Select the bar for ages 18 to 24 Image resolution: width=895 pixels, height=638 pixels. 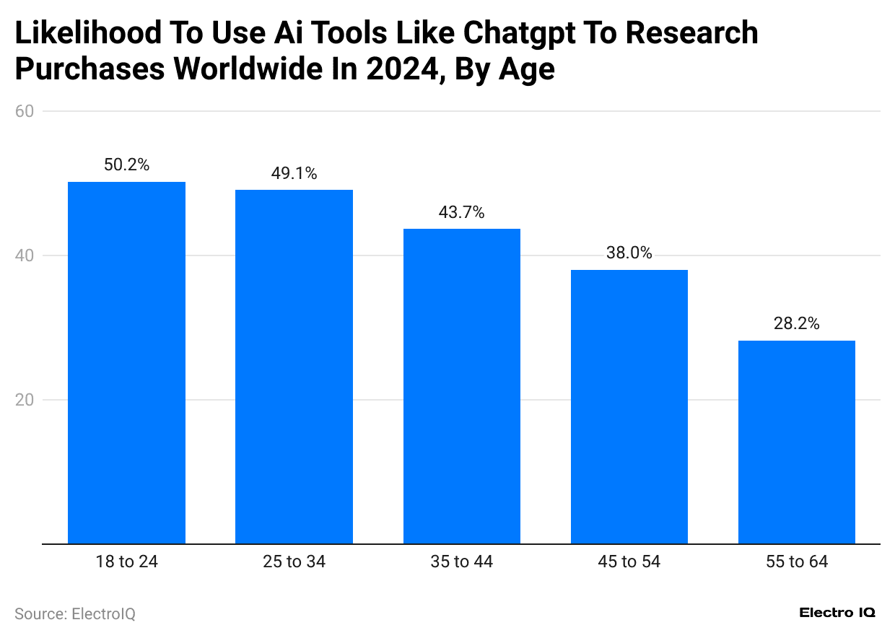pos(126,362)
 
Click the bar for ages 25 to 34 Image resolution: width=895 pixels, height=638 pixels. pos(294,367)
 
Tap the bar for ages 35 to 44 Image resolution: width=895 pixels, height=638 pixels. pos(461,386)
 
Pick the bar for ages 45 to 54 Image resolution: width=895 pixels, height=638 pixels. pos(629,406)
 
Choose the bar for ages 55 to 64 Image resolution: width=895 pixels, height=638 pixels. pos(796,442)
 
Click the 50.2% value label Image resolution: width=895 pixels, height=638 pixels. pos(126,165)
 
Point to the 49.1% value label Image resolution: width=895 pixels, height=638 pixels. pos(294,173)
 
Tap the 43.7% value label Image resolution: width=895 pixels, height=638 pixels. pos(461,212)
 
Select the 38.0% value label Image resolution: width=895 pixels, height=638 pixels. pos(629,253)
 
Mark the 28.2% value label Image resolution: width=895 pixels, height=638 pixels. pos(796,324)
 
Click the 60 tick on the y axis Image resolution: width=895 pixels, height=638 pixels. pos(25,111)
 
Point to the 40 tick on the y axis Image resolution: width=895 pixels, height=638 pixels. pos(25,255)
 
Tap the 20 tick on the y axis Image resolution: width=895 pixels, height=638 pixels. pos(25,400)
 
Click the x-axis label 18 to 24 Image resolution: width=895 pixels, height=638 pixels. pos(126,561)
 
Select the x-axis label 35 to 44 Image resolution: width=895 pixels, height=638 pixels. pos(461,561)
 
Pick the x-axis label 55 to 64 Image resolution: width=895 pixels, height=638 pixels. pos(796,561)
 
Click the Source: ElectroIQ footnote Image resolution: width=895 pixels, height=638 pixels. pos(75,614)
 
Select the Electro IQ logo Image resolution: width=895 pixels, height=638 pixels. pos(837,613)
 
